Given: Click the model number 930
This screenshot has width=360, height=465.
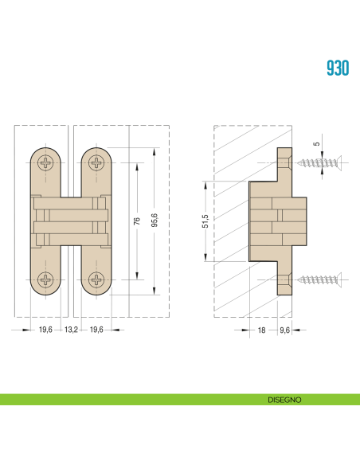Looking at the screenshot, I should pyautogui.click(x=338, y=68).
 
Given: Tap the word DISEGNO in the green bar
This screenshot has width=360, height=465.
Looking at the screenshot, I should pyautogui.click(x=284, y=400).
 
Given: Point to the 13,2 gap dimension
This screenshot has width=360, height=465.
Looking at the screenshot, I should pyautogui.click(x=71, y=330).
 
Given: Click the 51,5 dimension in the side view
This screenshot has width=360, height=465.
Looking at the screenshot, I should pyautogui.click(x=205, y=220).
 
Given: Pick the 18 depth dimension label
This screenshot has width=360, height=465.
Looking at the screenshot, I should pyautogui.click(x=261, y=330).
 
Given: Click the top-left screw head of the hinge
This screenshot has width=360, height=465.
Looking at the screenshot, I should pyautogui.click(x=46, y=162).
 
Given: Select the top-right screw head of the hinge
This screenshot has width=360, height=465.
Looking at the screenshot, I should pyautogui.click(x=97, y=162).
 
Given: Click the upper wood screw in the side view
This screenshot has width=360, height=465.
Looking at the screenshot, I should pyautogui.click(x=320, y=162).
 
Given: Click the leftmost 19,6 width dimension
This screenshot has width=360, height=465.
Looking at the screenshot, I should pyautogui.click(x=45, y=330).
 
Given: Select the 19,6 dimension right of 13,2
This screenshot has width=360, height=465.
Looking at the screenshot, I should pyautogui.click(x=97, y=330).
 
